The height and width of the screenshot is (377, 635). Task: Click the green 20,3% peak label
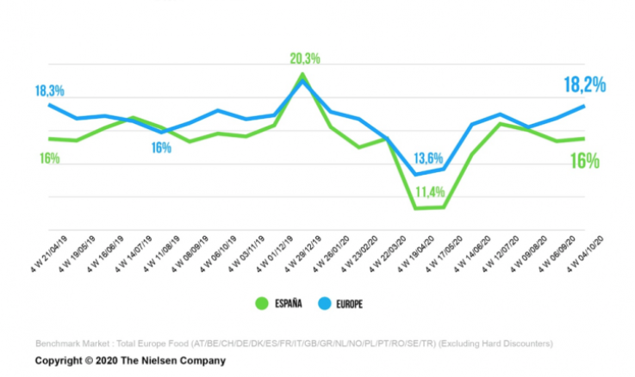[305, 59]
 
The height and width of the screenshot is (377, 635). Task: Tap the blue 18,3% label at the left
[50, 90]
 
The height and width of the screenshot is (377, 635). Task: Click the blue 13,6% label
[428, 158]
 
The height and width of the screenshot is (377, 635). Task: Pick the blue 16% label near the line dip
[161, 147]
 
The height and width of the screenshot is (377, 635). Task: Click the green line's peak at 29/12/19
[302, 74]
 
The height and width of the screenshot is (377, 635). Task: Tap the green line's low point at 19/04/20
[416, 208]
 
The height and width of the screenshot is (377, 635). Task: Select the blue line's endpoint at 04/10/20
[584, 106]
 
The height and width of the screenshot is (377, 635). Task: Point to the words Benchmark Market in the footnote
[72, 344]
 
